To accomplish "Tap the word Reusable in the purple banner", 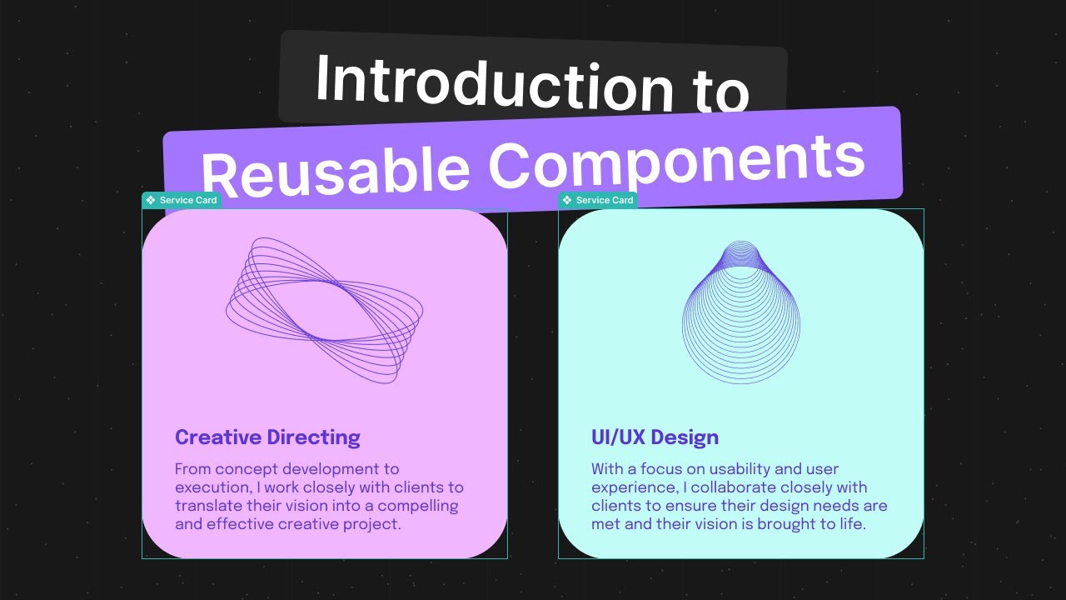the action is pos(335,171).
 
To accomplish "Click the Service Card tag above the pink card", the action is pos(182,200).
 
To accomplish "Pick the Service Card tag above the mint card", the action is pos(598,200).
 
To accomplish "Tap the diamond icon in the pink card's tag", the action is pos(151,200).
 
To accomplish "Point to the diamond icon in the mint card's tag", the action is pos(567,200).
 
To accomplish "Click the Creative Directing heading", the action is pos(267,437).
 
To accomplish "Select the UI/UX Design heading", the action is pos(655,437).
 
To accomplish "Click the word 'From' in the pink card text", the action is pos(192,469).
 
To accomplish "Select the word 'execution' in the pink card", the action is pos(212,487).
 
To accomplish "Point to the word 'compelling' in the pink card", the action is pos(418,506).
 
